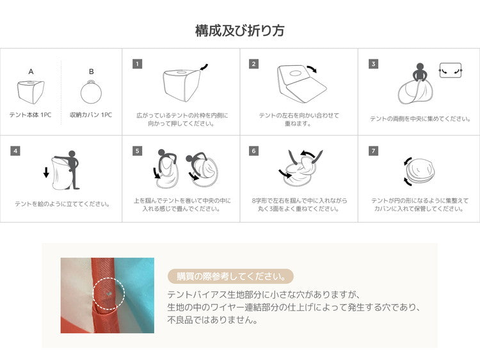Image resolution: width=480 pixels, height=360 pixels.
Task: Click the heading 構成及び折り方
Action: pos(240,30)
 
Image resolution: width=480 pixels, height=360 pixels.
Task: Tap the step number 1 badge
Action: pos(137,64)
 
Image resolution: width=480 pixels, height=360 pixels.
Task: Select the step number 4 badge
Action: pos(15,151)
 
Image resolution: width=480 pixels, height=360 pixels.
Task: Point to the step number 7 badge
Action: pos(373,151)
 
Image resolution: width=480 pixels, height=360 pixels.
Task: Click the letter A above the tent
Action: pos(31,72)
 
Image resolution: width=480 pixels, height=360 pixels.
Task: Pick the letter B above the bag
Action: pos(92,72)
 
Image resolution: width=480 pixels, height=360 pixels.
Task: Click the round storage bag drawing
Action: pos(91,92)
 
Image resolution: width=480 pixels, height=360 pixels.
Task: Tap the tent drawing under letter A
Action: pos(31,92)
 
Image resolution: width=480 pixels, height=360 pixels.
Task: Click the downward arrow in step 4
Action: pos(46,172)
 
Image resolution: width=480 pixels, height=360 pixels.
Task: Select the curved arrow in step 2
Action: pos(312,69)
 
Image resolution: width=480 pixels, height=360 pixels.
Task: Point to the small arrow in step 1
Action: pos(204,67)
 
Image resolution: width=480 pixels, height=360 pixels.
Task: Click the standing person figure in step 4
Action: pos(72,169)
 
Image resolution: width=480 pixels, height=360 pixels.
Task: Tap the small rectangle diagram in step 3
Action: pos(451,70)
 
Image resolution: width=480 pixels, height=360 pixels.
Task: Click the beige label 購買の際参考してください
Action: pos(231,276)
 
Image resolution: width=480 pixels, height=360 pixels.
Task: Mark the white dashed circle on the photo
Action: pos(109,293)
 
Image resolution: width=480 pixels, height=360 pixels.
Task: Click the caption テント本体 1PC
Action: pos(30,115)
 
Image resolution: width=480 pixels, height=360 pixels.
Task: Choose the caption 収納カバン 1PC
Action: pos(91,115)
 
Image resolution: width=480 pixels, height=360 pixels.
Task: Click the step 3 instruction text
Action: pos(420,119)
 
